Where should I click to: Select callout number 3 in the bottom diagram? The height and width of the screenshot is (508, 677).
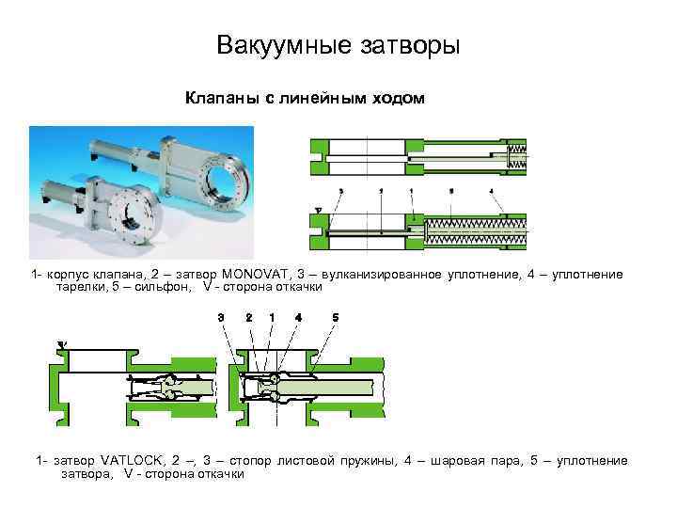pos(220,317)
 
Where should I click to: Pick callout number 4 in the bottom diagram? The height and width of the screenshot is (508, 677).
pos(298,317)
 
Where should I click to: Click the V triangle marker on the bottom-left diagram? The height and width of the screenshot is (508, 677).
pos(62,345)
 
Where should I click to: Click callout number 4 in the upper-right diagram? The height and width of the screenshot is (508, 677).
pos(491,190)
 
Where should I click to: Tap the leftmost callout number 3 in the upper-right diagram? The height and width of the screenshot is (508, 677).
pos(340,190)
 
